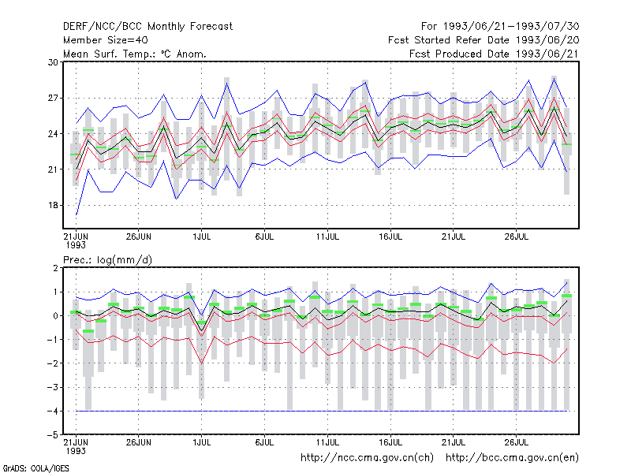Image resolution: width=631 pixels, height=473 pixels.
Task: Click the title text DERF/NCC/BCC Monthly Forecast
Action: pos(147,27)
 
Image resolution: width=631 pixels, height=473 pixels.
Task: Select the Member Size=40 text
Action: pos(106,40)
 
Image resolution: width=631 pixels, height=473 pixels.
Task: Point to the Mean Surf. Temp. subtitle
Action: pos(134,54)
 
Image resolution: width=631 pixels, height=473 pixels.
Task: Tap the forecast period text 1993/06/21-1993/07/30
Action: pos(511,27)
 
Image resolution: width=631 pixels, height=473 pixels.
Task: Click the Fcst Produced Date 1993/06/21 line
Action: pos(495,54)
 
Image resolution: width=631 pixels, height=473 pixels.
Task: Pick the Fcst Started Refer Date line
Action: pos(484,40)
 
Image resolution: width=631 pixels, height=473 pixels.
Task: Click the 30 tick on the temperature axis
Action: pos(53,62)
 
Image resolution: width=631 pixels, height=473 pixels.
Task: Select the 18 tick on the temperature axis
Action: pos(53,205)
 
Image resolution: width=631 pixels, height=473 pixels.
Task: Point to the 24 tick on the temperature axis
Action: pos(53,133)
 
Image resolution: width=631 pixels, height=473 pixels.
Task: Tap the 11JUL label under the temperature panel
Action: pos(327,236)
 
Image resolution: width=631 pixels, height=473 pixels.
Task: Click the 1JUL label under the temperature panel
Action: pos(202,236)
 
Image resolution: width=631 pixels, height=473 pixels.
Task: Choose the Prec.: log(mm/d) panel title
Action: pos(107,260)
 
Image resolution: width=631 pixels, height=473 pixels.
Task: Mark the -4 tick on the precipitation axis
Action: pos(52,411)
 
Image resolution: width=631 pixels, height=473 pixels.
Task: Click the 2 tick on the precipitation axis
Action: pos(55,268)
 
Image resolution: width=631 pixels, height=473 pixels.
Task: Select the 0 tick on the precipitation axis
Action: pos(55,316)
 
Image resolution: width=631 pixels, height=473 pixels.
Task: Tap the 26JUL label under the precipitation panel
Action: pos(517,442)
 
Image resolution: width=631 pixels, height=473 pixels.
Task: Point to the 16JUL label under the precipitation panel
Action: pos(390,442)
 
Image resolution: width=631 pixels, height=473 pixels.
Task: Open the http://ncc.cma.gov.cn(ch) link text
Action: pos(367,458)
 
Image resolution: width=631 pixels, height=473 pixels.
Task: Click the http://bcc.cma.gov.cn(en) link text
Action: pos(512,458)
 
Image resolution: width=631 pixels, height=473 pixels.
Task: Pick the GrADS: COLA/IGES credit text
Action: pos(35,468)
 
